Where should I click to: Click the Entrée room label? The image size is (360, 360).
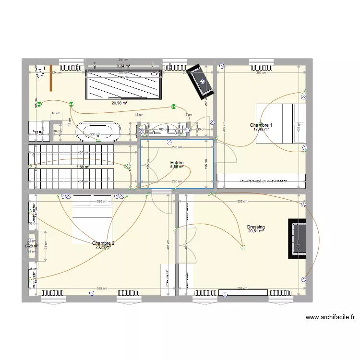coord(177,163)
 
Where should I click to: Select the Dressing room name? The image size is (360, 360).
coord(256,227)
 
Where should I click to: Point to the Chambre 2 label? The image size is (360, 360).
coord(103,243)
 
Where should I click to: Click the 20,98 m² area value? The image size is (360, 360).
coord(119,103)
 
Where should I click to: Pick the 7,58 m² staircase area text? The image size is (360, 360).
coord(83,167)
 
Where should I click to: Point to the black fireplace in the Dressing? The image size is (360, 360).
coord(297,239)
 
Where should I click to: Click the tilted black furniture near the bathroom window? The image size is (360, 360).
coord(200,81)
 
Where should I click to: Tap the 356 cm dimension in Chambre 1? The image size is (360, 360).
coord(261,72)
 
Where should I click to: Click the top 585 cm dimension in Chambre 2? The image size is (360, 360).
coord(101,202)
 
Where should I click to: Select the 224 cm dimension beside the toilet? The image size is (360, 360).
coord(56,72)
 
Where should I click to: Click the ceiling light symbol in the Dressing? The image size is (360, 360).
coord(243,248)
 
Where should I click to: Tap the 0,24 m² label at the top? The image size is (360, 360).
coord(124,66)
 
